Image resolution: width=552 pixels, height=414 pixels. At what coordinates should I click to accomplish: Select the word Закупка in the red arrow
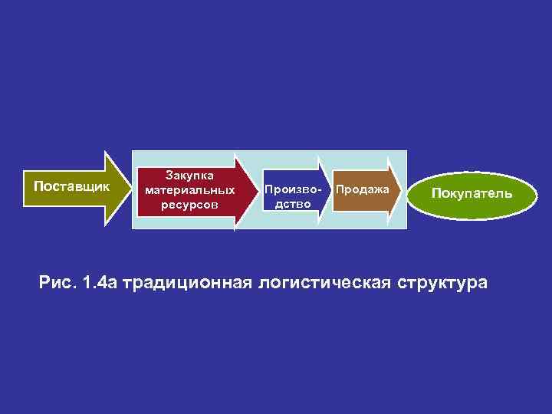(x=189, y=176)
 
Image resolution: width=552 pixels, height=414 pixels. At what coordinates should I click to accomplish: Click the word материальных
(x=189, y=190)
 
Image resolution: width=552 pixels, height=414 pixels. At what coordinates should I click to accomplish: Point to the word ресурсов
(x=189, y=205)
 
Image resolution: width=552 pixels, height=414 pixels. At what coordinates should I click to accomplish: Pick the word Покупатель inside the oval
(x=471, y=193)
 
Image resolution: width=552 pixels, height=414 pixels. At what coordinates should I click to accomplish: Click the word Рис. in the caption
(x=58, y=282)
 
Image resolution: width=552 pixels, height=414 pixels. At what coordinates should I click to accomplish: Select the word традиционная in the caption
(x=188, y=283)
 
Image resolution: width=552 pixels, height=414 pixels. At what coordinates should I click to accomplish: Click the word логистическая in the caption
(x=325, y=283)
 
